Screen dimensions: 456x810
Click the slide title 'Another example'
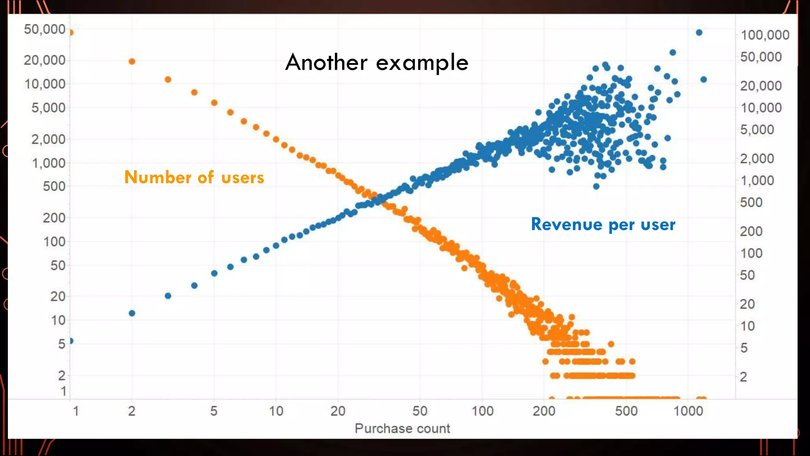[x=377, y=63]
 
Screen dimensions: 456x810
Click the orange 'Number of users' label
[x=194, y=177]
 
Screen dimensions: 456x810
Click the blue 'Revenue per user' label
[x=603, y=224]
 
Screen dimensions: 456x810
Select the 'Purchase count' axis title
[x=402, y=429]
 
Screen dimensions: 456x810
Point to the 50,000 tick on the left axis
[x=44, y=29]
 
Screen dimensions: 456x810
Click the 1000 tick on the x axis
[x=688, y=411]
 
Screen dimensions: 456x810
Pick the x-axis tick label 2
[x=132, y=411]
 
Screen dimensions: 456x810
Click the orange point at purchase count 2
[x=132, y=61]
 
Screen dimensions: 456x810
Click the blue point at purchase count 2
[x=132, y=313]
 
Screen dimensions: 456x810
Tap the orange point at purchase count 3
[x=168, y=80]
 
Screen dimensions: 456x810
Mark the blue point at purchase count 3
[x=168, y=296]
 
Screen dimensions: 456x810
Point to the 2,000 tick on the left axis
[x=48, y=139]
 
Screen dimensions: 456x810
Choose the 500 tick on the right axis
[x=751, y=203]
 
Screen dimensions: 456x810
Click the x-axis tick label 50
[x=420, y=411]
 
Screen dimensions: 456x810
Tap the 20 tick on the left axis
[x=58, y=296]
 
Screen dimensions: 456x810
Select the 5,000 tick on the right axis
[x=757, y=130]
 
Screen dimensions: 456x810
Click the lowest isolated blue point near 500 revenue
[x=596, y=186]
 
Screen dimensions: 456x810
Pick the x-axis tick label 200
[x=544, y=411]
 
